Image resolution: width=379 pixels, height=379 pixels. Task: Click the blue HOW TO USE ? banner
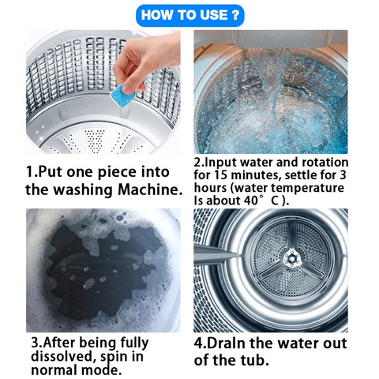point(189,15)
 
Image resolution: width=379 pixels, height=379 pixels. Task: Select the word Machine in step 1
point(150,189)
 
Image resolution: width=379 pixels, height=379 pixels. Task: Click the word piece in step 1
point(117,173)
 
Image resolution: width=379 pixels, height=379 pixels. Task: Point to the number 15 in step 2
point(220,175)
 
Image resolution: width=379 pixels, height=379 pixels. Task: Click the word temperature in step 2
point(307,189)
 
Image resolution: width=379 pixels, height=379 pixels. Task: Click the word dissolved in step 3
point(62,356)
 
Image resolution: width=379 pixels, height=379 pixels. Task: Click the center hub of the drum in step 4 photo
point(291,259)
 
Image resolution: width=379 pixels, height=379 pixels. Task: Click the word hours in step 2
point(210,188)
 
